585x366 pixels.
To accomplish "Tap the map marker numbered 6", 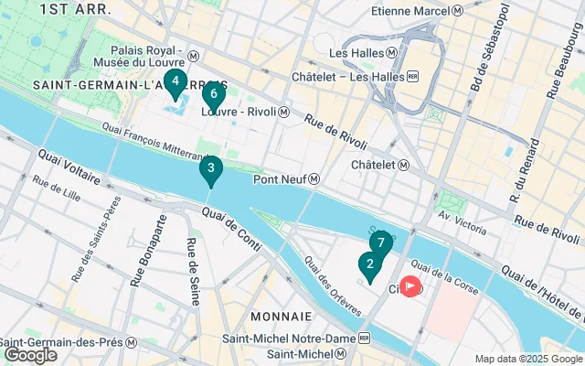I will pyautogui.click(x=213, y=95).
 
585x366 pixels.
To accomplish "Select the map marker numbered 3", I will pyautogui.click(x=211, y=169).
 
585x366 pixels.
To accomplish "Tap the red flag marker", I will pyautogui.click(x=410, y=287).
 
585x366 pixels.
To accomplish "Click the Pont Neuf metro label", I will pyautogui.click(x=292, y=179).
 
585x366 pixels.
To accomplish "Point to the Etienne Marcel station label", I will pyautogui.click(x=418, y=11).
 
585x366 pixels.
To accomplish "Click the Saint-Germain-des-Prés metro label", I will pyautogui.click(x=69, y=341).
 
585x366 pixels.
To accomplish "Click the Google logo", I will pyautogui.click(x=30, y=355).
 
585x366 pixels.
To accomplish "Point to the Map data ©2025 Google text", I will pyautogui.click(x=527, y=359).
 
